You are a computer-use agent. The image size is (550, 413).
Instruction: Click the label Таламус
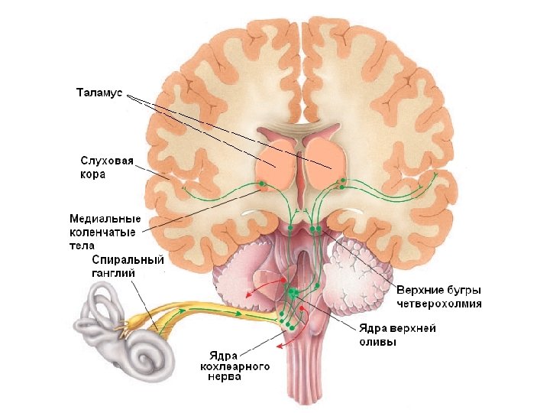[99, 93]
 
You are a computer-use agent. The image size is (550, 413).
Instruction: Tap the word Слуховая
[107, 161]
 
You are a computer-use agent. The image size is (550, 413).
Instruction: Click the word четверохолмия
[439, 303]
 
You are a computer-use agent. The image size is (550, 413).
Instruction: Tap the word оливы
[377, 342]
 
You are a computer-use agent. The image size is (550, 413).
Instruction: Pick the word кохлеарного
[235, 367]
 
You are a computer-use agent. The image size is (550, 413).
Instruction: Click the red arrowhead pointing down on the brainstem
[280, 346]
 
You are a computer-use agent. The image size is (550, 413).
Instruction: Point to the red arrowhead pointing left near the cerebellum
[247, 293]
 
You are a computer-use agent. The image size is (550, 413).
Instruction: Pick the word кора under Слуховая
[93, 174]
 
